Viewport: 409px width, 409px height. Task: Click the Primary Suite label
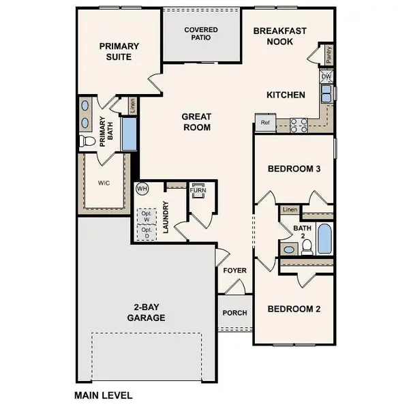click(x=119, y=52)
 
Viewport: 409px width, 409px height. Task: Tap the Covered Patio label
click(x=202, y=34)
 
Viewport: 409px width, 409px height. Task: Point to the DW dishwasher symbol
click(x=327, y=77)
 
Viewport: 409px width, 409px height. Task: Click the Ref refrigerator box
click(x=264, y=123)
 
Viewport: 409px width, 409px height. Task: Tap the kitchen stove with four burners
click(x=298, y=124)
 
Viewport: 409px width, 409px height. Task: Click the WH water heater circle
click(x=142, y=187)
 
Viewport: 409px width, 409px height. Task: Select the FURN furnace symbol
click(x=200, y=190)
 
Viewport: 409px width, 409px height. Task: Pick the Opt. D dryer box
click(x=147, y=232)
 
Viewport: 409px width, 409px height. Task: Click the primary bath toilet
click(x=87, y=142)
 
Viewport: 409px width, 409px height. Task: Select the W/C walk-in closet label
click(x=103, y=182)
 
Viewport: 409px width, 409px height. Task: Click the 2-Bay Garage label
click(x=146, y=313)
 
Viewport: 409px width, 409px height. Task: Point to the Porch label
click(x=235, y=313)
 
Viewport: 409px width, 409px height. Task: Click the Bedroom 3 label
click(x=294, y=168)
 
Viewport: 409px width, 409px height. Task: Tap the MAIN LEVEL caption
click(x=104, y=395)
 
